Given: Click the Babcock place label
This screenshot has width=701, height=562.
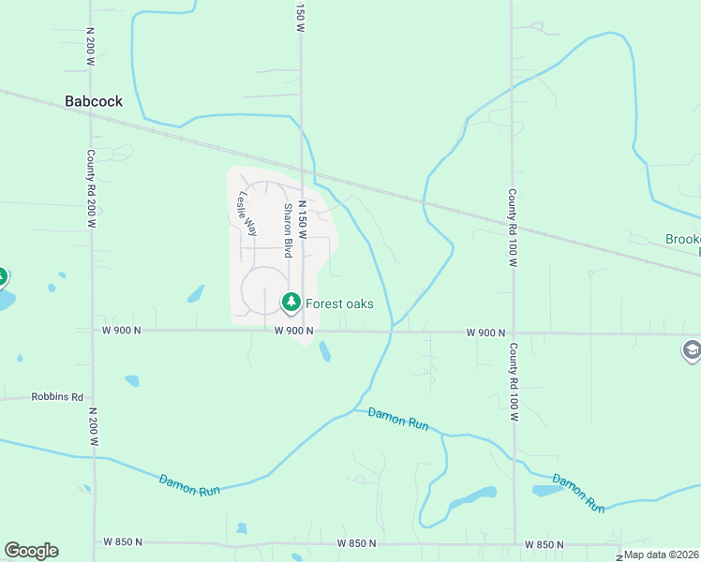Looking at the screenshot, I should pos(94,101).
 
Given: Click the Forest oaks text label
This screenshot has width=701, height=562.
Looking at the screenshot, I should pos(339,303).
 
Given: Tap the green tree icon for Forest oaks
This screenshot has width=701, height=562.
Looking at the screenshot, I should pos(291,303).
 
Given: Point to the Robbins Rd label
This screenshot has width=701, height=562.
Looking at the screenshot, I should pos(57,397).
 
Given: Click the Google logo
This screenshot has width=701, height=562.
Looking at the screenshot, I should pos(31,551).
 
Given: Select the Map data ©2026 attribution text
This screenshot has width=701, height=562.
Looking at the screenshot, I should pos(662,555).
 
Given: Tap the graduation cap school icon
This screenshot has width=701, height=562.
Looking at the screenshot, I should pos(692,350).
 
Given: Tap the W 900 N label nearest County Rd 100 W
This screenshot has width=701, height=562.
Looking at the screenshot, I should pos(485,333).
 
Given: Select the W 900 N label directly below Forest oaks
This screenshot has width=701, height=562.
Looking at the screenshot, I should pos(293,331).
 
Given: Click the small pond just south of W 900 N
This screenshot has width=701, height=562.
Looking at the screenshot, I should pos(324,351).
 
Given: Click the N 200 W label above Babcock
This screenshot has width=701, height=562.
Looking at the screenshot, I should pos(90,44).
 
